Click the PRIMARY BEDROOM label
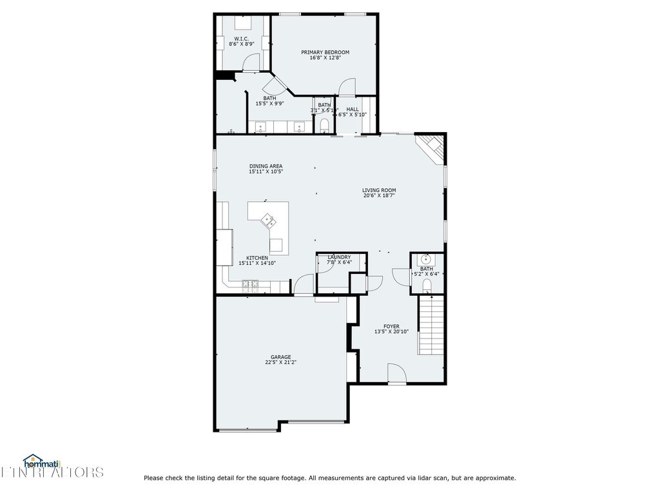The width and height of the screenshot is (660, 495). click(325, 52)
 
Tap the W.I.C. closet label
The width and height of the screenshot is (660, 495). click(242, 39)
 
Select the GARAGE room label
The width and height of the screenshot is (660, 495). click(280, 357)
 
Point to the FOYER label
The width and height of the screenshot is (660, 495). click(391, 327)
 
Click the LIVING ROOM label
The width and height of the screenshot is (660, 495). click(378, 190)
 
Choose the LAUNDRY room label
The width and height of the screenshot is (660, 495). click(339, 257)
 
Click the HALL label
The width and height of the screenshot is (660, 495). click(353, 110)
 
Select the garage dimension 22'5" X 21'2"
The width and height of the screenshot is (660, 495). click(280, 362)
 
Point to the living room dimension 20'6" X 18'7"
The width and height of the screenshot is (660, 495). click(378, 195)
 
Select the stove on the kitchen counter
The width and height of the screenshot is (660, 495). click(250, 284)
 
